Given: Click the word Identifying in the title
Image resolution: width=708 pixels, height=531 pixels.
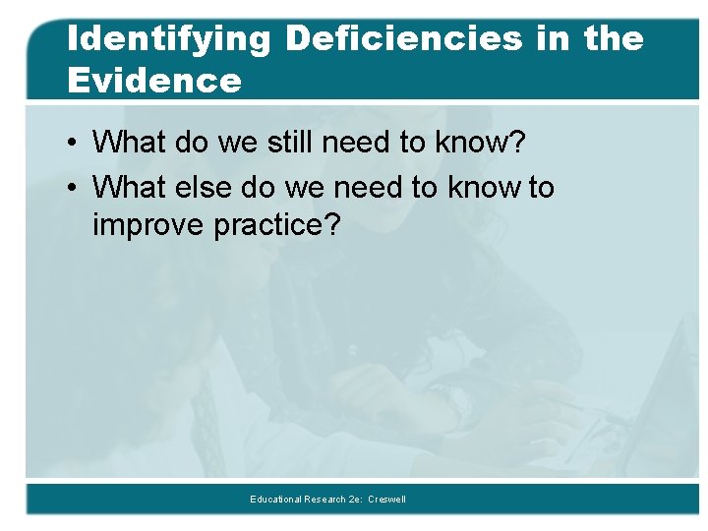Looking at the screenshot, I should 168,40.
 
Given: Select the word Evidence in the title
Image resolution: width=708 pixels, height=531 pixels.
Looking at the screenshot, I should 154,81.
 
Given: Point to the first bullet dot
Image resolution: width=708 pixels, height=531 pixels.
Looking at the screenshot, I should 75,143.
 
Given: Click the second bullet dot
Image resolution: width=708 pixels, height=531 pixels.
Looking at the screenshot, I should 75,187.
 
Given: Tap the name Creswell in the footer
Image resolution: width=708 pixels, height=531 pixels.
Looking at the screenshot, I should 386,500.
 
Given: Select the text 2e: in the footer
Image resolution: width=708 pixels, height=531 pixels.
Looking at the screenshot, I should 354,500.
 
